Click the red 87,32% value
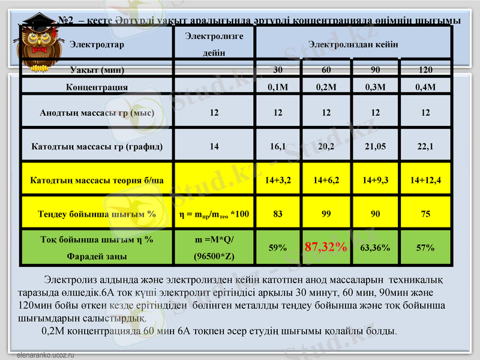[x=326, y=247]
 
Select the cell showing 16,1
[x=278, y=145]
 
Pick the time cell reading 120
[x=425, y=70]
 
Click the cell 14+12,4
[x=425, y=179]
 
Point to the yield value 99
[x=326, y=213]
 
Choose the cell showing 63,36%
[x=376, y=247]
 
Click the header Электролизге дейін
[x=214, y=44]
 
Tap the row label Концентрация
[x=97, y=87]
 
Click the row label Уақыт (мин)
[x=97, y=70]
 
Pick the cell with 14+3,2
[x=278, y=179]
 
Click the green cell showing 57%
[x=425, y=247]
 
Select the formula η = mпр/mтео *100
[x=214, y=213]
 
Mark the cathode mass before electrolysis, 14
[x=214, y=145]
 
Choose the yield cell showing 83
[x=278, y=213]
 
